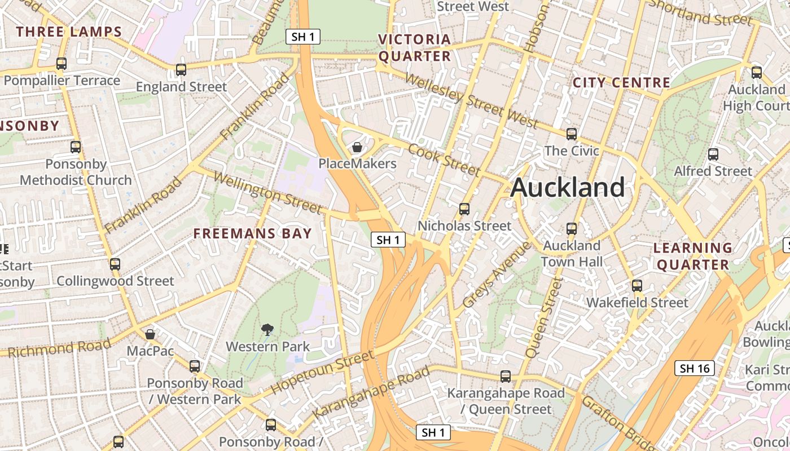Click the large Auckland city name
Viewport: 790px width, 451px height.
pyautogui.click(x=568, y=187)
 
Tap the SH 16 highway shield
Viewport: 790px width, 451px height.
pyautogui.click(x=695, y=369)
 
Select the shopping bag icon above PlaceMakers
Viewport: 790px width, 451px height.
pyautogui.click(x=357, y=148)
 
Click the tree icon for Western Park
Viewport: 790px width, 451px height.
pyautogui.click(x=267, y=330)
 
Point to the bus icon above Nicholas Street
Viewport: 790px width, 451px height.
pyautogui.click(x=464, y=209)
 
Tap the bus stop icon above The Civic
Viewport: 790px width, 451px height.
pyautogui.click(x=572, y=134)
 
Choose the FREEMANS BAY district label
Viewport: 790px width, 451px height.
pyautogui.click(x=253, y=233)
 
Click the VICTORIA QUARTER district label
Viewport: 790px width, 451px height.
pyautogui.click(x=415, y=48)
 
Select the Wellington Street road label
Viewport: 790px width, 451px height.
pyautogui.click(x=268, y=193)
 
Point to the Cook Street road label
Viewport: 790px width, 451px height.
pyautogui.click(x=444, y=160)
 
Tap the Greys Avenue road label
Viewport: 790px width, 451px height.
pyautogui.click(x=496, y=275)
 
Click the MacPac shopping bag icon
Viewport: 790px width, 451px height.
pyautogui.click(x=150, y=334)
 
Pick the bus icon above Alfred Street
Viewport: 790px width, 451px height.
pyautogui.click(x=713, y=154)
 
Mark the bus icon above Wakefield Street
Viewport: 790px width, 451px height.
pyautogui.click(x=637, y=286)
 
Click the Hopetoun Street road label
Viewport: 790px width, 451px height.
pyautogui.click(x=322, y=372)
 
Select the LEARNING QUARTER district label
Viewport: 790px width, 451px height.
pyautogui.click(x=693, y=256)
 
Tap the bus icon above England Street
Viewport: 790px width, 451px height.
pyautogui.click(x=181, y=70)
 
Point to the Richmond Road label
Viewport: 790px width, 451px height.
pyautogui.click(x=60, y=348)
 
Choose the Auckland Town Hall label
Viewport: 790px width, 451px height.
pyautogui.click(x=572, y=254)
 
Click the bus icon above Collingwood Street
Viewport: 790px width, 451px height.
pyautogui.click(x=115, y=264)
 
